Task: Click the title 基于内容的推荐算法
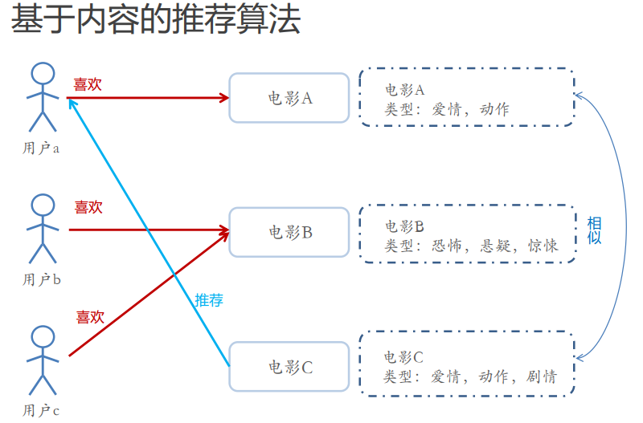(156, 21)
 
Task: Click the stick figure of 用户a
(42, 96)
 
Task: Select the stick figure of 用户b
(42, 228)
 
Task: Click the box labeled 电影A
(289, 98)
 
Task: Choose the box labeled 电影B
(289, 232)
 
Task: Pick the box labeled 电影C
(289, 367)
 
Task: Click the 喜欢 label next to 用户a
(88, 84)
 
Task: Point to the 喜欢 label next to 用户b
(88, 207)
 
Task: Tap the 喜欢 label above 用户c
(90, 317)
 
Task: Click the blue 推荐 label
(209, 301)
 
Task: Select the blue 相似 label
(594, 230)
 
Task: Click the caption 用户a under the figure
(42, 148)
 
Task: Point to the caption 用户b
(42, 279)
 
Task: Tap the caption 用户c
(42, 411)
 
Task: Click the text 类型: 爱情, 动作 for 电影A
(447, 109)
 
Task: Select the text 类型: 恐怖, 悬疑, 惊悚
(471, 245)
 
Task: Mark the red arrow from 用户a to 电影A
(153, 98)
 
